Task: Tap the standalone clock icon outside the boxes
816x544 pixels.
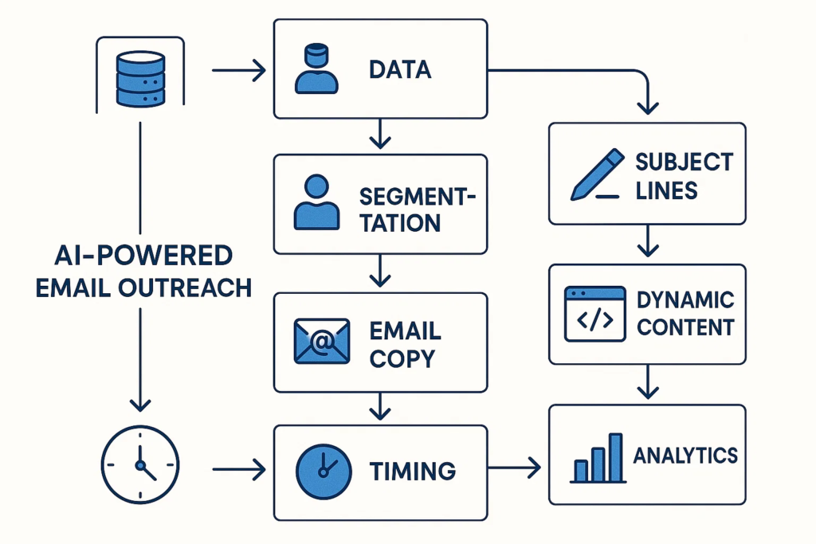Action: point(140,465)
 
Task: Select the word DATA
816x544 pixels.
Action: point(400,69)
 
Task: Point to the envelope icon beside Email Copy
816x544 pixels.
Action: point(321,342)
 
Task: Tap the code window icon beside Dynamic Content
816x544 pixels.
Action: point(594,315)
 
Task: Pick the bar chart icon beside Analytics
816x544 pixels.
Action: point(597,459)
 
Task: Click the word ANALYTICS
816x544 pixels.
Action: point(685,456)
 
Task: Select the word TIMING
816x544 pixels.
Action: point(413,471)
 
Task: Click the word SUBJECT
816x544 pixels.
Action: point(683,162)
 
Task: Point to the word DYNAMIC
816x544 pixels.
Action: point(685,300)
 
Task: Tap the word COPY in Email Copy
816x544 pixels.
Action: point(402,359)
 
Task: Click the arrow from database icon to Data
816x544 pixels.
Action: point(239,71)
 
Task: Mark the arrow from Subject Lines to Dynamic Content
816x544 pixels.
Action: point(649,241)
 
